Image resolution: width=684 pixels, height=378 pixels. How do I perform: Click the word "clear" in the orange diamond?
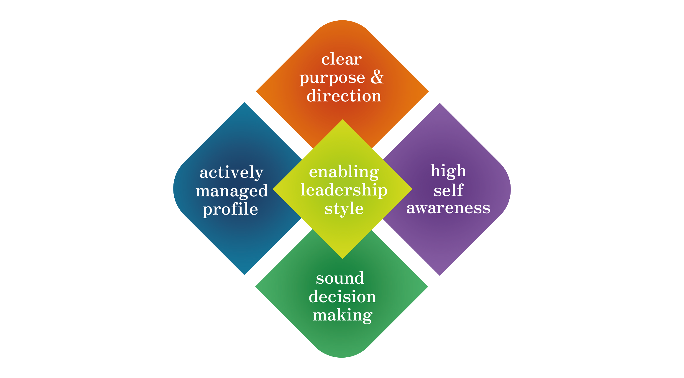pos(341,59)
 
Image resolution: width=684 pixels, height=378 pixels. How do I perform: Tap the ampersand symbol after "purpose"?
pos(377,77)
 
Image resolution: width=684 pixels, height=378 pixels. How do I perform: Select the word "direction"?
pos(344,96)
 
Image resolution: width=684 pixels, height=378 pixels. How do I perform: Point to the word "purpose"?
pos(332,78)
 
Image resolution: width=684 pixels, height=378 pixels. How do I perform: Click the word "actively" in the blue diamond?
pos(231,172)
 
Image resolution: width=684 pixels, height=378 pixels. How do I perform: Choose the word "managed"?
pos(232,191)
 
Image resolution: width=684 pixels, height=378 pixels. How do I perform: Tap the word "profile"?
pos(230,210)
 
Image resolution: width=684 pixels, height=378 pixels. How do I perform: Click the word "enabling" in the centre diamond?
pos(344,172)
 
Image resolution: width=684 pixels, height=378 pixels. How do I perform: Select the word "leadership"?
pos(344,190)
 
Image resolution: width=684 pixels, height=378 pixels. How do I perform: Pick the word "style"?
pos(344,209)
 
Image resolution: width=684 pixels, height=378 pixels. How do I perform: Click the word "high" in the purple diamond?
pos(448,171)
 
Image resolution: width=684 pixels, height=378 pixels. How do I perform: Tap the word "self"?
pos(448,190)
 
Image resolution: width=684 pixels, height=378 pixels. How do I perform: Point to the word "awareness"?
pos(448,208)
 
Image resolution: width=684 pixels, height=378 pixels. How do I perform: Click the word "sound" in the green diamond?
pos(340,278)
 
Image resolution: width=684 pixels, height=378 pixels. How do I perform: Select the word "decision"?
pos(342,297)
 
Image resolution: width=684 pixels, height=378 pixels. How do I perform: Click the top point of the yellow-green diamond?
pos(342,120)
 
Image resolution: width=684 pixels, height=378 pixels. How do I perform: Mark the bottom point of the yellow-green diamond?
pos(342,258)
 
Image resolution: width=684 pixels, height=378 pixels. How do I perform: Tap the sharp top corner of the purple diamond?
pos(440,103)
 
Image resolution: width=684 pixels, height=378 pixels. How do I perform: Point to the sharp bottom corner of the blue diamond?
pos(244,275)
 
